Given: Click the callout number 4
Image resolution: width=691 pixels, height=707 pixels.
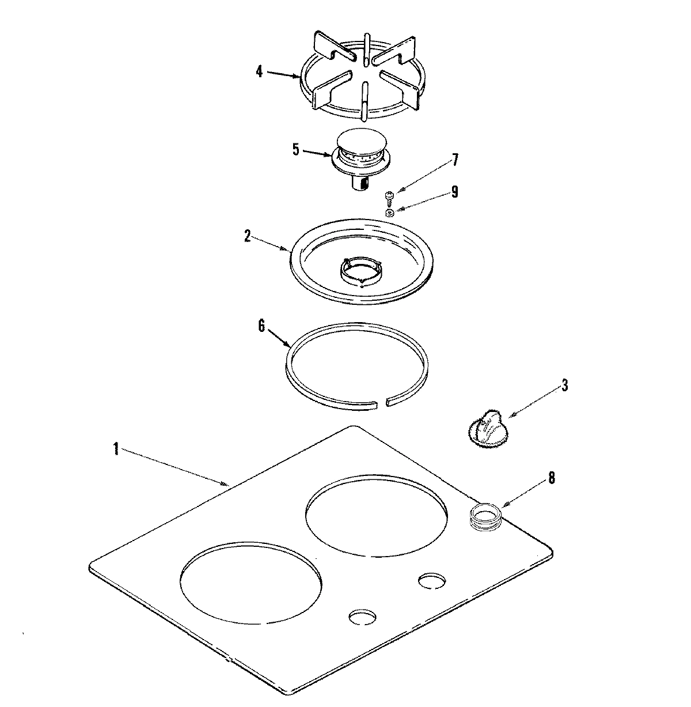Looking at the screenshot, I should point(259,72).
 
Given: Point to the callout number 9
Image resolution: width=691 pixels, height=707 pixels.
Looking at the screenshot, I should point(454,191).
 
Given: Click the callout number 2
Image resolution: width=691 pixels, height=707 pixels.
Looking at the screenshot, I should point(247,236).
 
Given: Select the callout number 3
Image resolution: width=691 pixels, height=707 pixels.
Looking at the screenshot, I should point(564,385).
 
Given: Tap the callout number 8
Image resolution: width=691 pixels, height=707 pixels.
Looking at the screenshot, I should point(551,478).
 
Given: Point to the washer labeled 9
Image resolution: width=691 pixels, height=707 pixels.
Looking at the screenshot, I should point(390,213).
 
